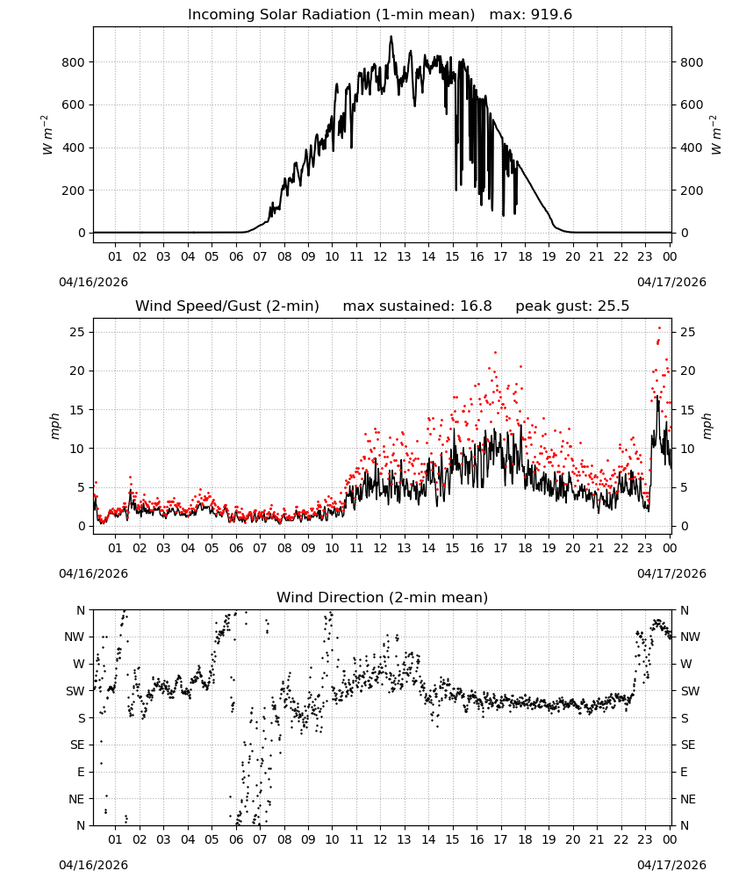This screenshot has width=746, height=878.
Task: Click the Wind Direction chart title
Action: tap(383, 597)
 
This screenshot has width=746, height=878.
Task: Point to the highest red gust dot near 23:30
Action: tap(659, 328)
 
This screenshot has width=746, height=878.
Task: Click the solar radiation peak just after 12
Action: tap(391, 37)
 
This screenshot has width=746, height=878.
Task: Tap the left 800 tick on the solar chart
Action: tap(74, 62)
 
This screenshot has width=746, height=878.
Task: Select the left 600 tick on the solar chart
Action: tap(74, 104)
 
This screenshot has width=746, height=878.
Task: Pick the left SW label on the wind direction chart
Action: tap(75, 691)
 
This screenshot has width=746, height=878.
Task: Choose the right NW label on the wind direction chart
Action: tap(690, 637)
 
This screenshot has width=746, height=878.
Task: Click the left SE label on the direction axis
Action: tap(78, 745)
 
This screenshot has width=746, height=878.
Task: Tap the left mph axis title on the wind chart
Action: tap(54, 426)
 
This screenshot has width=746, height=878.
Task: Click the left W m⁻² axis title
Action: tap(47, 135)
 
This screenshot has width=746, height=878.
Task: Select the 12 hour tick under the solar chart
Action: tap(380, 256)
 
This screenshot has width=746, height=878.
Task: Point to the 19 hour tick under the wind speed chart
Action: tap(549, 548)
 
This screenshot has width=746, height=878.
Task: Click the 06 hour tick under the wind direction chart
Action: tap(236, 839)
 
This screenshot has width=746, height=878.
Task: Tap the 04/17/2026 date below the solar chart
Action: tap(671, 282)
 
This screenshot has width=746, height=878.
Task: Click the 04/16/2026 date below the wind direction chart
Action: tap(93, 865)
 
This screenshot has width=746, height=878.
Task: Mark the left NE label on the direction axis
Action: tap(76, 799)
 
